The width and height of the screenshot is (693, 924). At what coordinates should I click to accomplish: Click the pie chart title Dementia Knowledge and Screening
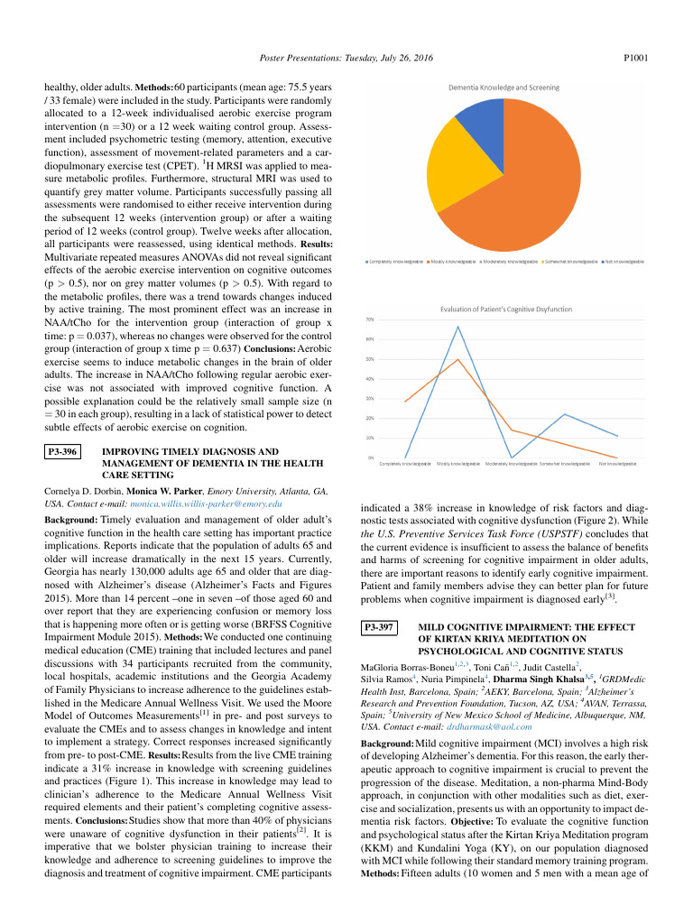tap(504, 88)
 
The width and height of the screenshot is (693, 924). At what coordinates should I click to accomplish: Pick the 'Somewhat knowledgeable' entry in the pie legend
tap(569, 262)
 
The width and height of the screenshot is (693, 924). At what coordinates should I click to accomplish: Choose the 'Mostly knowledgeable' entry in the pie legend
tap(450, 262)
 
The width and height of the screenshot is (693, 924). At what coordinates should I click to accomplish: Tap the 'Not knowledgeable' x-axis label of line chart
tap(618, 464)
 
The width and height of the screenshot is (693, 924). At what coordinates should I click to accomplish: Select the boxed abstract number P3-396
tap(63, 449)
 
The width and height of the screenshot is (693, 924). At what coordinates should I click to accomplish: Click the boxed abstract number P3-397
tap(379, 626)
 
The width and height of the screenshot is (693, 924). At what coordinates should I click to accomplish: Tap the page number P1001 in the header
tap(636, 57)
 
